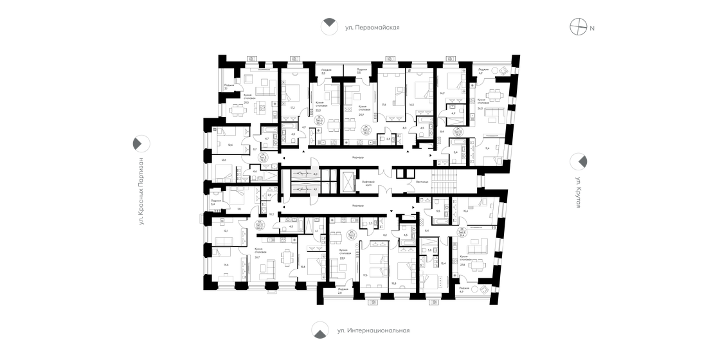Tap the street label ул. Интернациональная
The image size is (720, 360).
[373, 330]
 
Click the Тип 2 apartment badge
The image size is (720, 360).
[352, 234]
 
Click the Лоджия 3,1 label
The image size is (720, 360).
[229, 87]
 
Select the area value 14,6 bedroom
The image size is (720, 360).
[225, 264]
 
